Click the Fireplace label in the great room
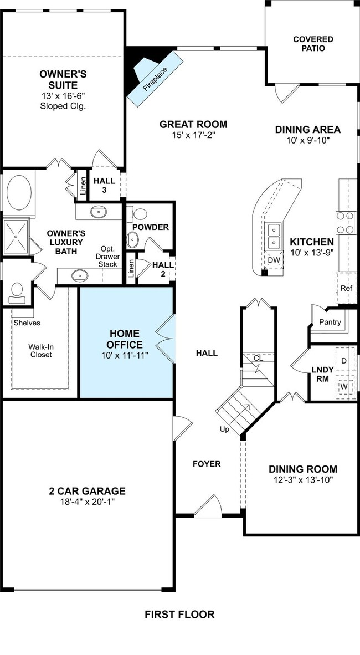point(155,79)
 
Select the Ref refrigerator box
point(346,288)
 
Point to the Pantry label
point(330,322)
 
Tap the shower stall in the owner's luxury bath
point(16,237)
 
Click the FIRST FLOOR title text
point(179,615)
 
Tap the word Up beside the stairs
point(225,429)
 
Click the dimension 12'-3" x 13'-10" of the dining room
point(303,480)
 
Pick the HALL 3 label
point(105,185)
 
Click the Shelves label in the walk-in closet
point(27,323)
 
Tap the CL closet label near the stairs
point(259,359)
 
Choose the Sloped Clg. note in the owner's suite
point(63,106)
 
